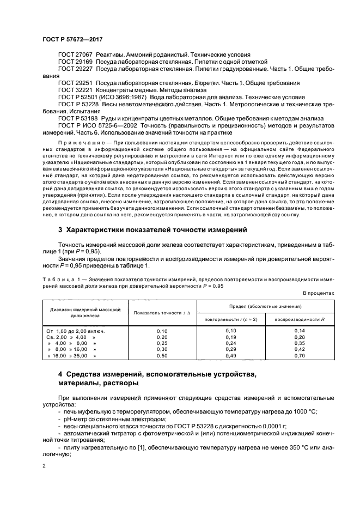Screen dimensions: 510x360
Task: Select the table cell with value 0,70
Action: pos(299,356)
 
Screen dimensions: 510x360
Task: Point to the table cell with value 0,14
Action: pos(299,331)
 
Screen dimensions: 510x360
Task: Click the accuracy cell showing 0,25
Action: pos(162,343)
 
